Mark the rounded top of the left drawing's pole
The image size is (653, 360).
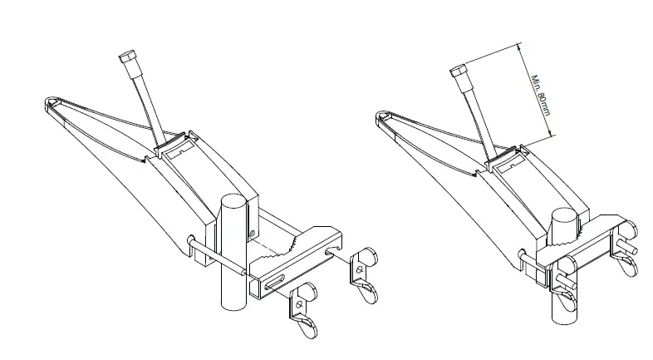(233, 202)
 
